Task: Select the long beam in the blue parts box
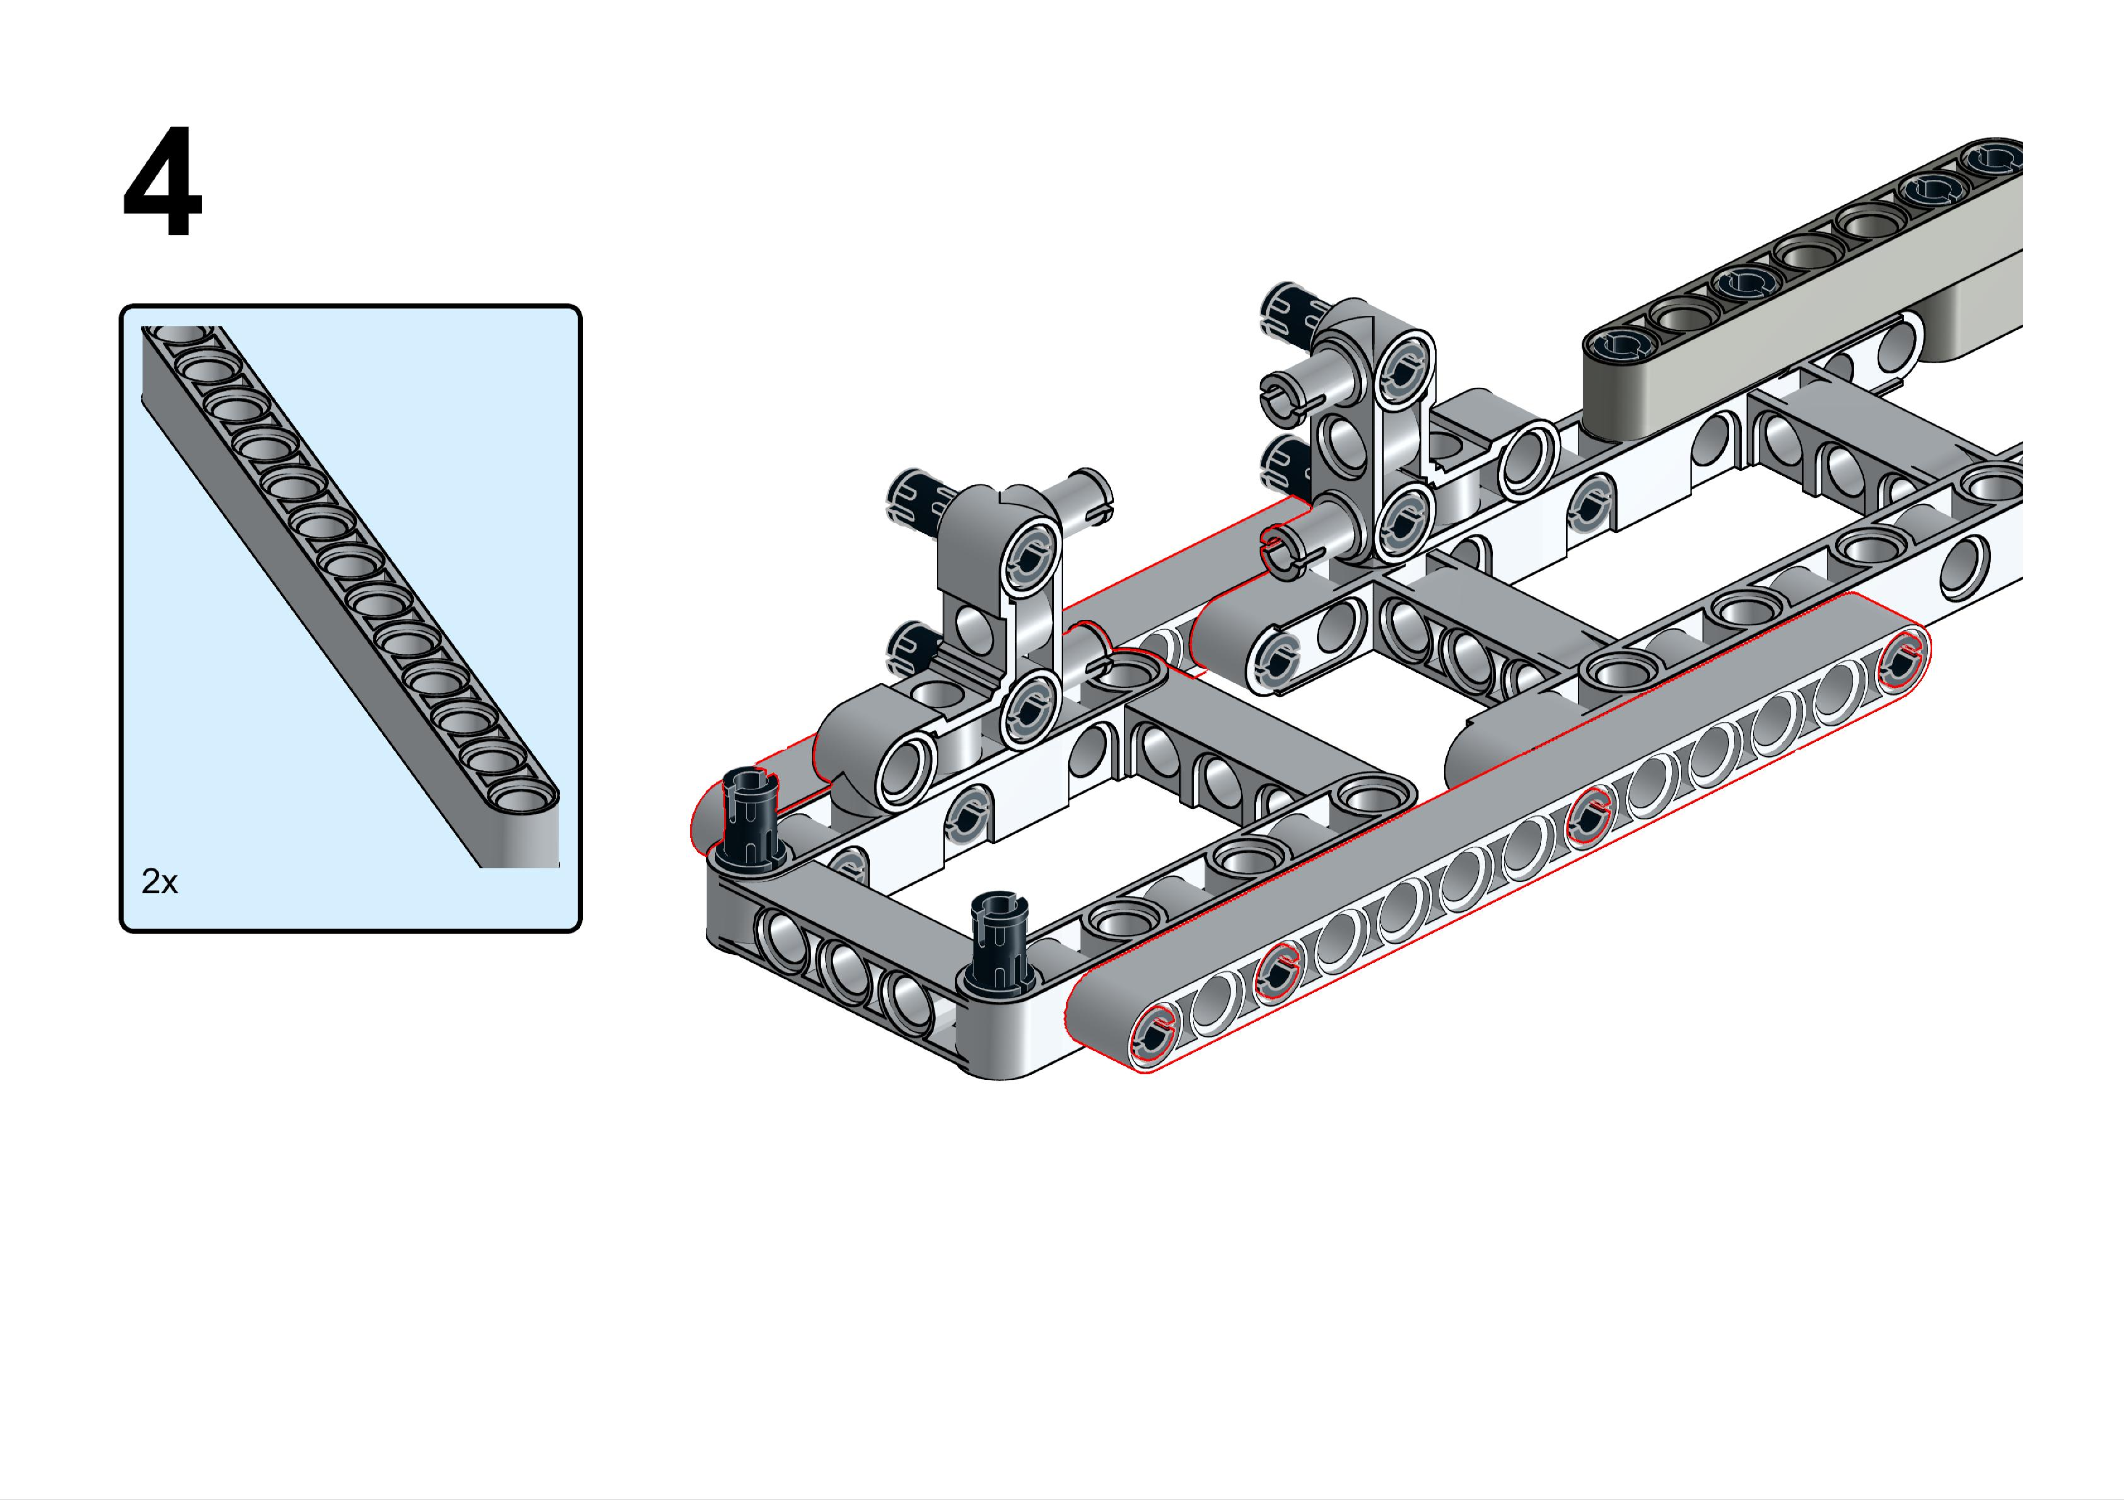click(x=350, y=597)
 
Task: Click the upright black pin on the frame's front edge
click(x=996, y=938)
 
